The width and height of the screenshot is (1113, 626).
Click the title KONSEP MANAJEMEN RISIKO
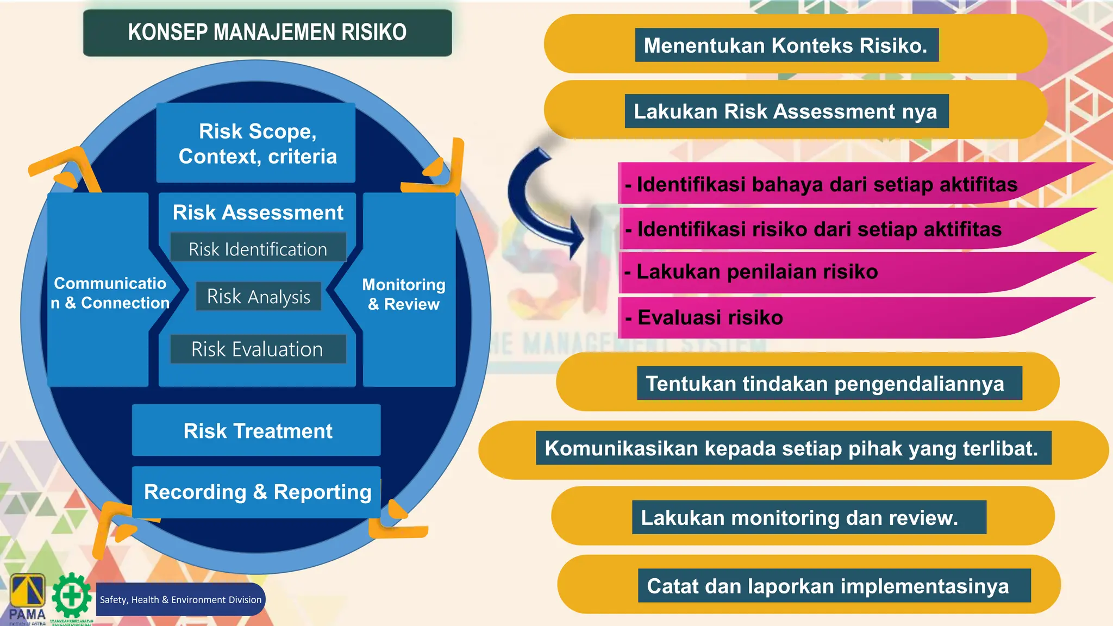(x=267, y=33)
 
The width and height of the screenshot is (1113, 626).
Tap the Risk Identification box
(x=258, y=249)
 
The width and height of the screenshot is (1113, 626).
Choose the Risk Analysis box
(x=259, y=297)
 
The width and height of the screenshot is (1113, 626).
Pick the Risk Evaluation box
(x=258, y=349)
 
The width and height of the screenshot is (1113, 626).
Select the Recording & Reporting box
(x=257, y=492)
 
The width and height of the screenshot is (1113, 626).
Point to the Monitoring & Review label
(x=404, y=294)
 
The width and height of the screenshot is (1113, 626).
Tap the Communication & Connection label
(x=110, y=293)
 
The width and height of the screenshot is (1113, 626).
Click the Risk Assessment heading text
(x=258, y=212)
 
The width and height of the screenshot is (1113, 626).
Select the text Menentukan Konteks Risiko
(x=786, y=46)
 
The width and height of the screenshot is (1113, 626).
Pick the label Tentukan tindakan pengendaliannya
(x=825, y=384)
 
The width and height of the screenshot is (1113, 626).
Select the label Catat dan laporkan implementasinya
(x=828, y=586)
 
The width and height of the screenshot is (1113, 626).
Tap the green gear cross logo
(x=72, y=596)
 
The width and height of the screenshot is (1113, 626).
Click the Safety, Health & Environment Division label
(x=180, y=600)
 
